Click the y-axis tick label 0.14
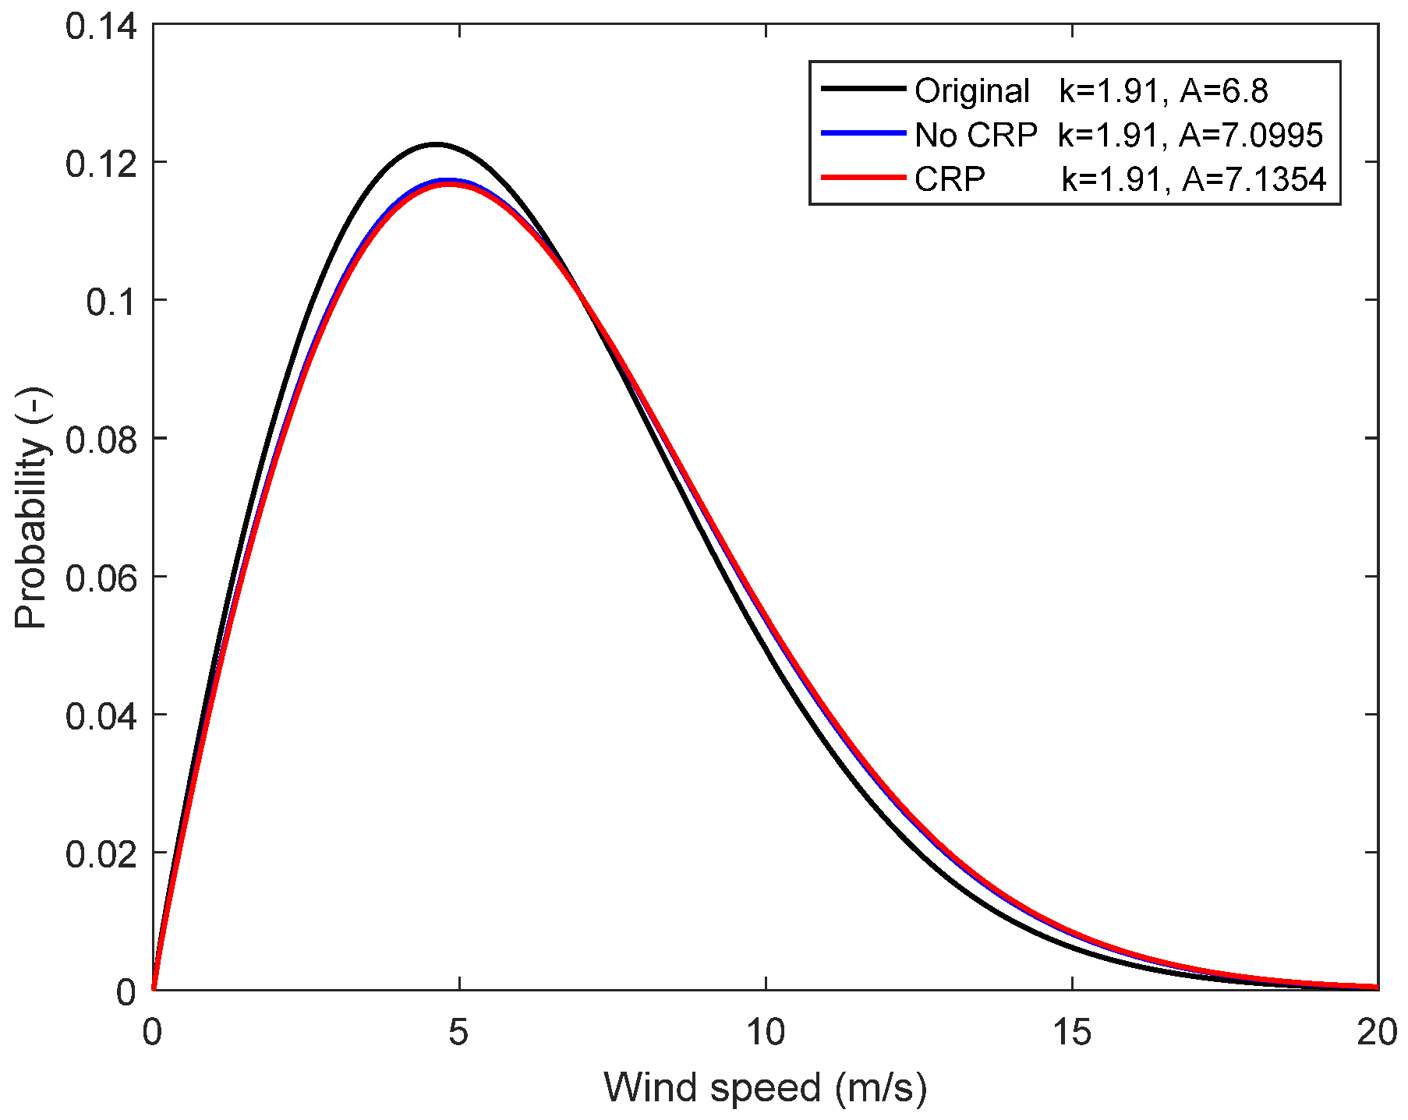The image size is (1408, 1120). (101, 26)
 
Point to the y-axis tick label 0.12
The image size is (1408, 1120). (101, 164)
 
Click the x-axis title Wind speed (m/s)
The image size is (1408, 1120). (766, 1087)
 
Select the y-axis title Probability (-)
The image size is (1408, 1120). (33, 507)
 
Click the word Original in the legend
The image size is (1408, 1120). (971, 91)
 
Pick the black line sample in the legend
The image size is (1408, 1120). (862, 90)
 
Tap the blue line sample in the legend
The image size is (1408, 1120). (862, 134)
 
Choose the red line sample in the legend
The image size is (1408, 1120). (862, 178)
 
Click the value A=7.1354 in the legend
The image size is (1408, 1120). (1254, 180)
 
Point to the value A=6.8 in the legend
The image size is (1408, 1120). (1223, 91)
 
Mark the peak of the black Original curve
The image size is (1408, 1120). (435, 144)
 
